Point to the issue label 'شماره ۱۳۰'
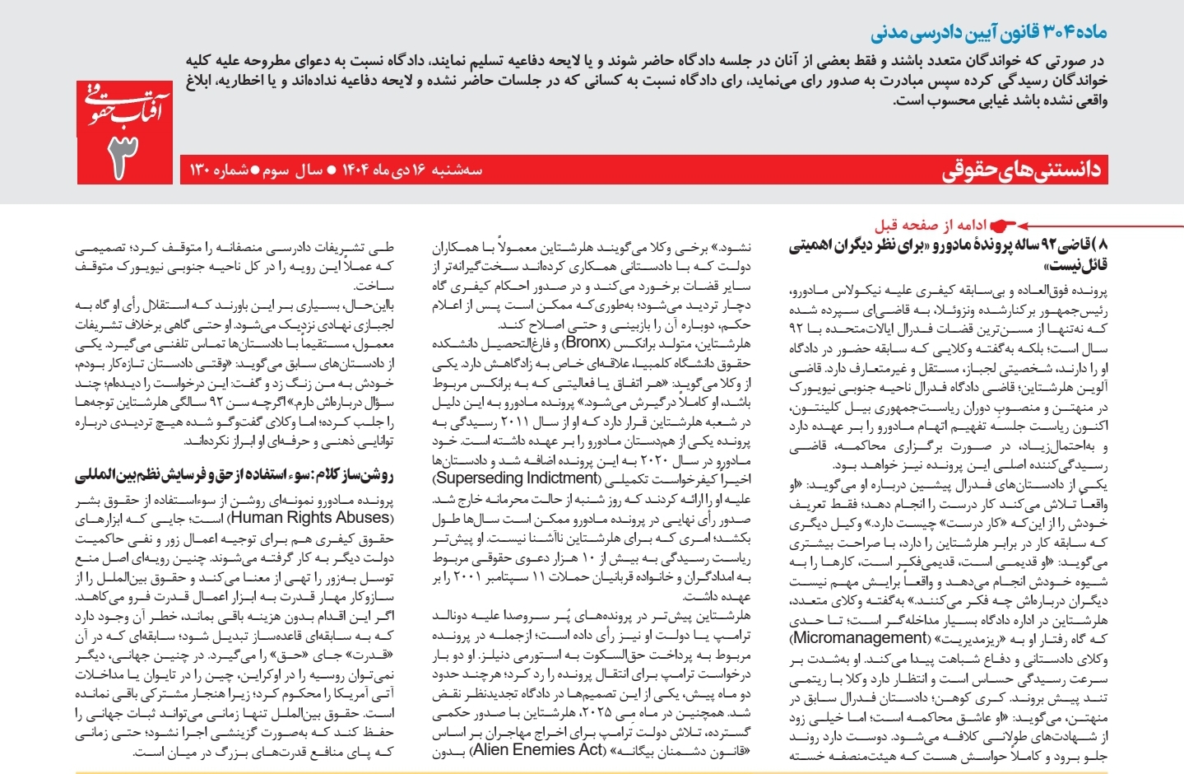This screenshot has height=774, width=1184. [219, 170]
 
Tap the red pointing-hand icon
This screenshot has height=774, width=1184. [1003, 225]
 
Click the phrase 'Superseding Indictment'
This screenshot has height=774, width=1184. [518, 478]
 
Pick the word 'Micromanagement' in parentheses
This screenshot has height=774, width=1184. [859, 638]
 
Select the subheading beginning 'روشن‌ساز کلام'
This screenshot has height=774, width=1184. [234, 477]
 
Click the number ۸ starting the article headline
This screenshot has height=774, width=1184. [1103, 245]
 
